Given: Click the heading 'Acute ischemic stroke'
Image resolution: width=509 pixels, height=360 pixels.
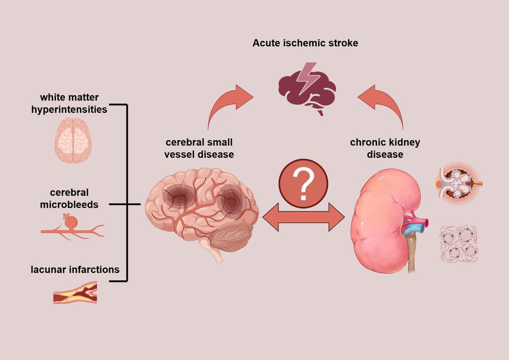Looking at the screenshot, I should point(305,43).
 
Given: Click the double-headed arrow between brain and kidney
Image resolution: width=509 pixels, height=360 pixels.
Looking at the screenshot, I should point(303,217).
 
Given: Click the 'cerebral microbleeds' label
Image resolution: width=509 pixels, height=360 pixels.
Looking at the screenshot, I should point(69,199).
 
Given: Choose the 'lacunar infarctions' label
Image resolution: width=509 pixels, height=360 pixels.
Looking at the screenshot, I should point(75,269).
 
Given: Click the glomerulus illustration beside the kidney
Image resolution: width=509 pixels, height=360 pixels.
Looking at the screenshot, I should point(457,184).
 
